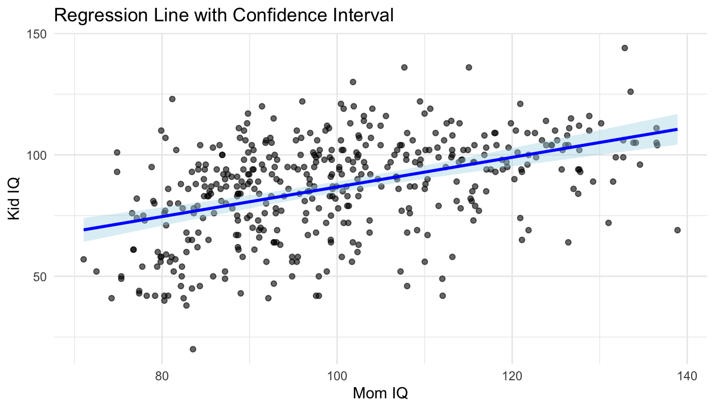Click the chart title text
(223, 15)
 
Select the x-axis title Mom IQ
(380, 394)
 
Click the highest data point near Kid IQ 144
(625, 48)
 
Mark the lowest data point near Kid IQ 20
(193, 349)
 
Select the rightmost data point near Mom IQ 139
(677, 230)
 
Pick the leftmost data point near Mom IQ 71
(84, 259)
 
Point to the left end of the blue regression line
(84, 230)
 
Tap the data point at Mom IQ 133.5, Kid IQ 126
(630, 92)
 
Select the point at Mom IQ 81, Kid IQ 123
(172, 99)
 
